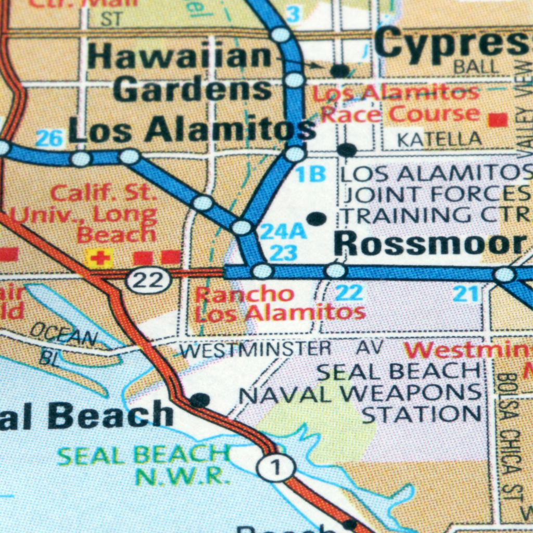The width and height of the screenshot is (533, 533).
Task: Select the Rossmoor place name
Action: tap(429, 243)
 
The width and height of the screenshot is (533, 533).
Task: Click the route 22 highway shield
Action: tap(149, 282)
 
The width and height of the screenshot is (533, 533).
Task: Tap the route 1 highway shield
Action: tap(276, 468)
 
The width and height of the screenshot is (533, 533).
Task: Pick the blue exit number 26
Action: tap(50, 138)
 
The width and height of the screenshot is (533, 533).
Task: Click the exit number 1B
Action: tap(311, 175)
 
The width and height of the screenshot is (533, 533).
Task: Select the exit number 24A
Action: tap(283, 231)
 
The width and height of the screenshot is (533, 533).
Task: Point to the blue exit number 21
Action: tap(465, 294)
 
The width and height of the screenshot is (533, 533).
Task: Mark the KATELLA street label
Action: tap(439, 139)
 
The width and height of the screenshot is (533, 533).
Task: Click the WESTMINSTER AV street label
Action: tap(282, 349)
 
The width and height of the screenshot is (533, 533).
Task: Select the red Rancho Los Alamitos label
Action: tap(280, 303)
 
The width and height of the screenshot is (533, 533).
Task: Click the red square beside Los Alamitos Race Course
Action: tap(498, 120)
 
